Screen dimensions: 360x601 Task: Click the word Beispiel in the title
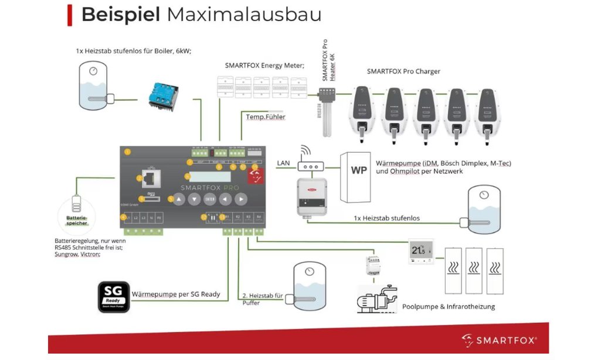click(120, 14)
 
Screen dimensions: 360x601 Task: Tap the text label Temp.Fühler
click(266, 117)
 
